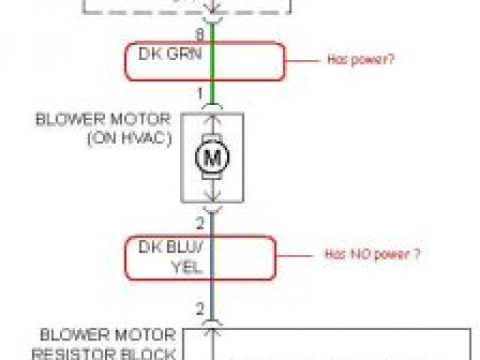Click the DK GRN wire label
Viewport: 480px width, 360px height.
tap(170, 54)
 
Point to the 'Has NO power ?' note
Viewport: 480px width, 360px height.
tap(372, 254)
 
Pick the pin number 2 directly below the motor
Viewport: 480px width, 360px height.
tap(200, 223)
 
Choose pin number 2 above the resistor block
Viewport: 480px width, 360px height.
tap(200, 308)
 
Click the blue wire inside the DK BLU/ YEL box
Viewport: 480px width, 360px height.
tap(212, 258)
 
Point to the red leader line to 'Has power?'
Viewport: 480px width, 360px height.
tap(303, 59)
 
